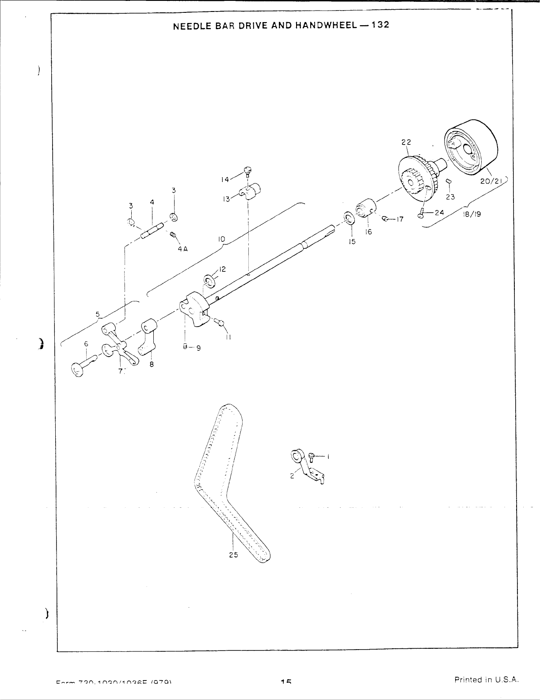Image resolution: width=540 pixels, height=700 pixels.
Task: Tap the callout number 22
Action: click(x=406, y=142)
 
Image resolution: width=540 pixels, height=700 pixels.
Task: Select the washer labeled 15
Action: click(x=349, y=217)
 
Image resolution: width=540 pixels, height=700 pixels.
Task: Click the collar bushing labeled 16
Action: click(x=365, y=208)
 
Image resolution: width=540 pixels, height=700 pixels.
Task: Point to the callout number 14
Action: click(x=225, y=179)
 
